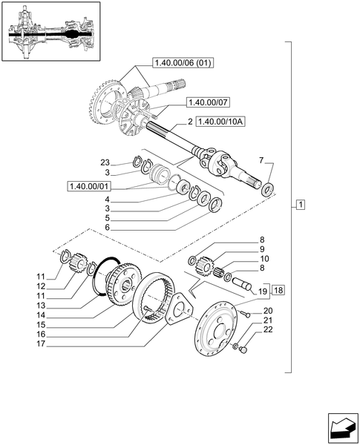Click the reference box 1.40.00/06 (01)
tap(183, 62)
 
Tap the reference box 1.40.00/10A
tap(221, 120)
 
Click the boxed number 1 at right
tap(299, 205)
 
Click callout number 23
tap(105, 162)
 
